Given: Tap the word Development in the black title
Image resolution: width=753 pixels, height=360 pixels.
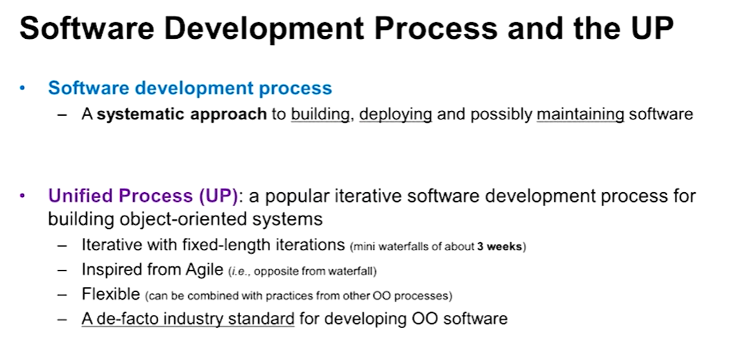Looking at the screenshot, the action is click(264, 30).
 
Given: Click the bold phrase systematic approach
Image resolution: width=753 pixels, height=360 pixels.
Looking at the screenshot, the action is click(182, 114).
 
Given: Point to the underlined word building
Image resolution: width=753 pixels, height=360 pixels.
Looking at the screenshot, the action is click(320, 114).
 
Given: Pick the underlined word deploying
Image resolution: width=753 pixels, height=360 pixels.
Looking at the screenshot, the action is click(396, 114).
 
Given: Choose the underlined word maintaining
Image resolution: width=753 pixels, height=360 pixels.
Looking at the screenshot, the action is click(580, 114).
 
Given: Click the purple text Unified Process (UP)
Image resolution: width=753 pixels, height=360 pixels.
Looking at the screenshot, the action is click(143, 196).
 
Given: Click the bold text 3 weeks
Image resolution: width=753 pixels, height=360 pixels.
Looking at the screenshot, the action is click(499, 247).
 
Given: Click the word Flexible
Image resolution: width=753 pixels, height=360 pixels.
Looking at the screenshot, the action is click(110, 293).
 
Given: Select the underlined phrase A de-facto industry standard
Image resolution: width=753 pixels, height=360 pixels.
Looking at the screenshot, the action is click(188, 318).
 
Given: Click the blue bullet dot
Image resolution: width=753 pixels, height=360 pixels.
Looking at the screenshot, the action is click(22, 89).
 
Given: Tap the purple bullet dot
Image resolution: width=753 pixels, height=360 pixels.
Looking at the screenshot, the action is click(22, 196).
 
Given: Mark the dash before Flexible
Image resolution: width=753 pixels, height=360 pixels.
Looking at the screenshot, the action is click(62, 294).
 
